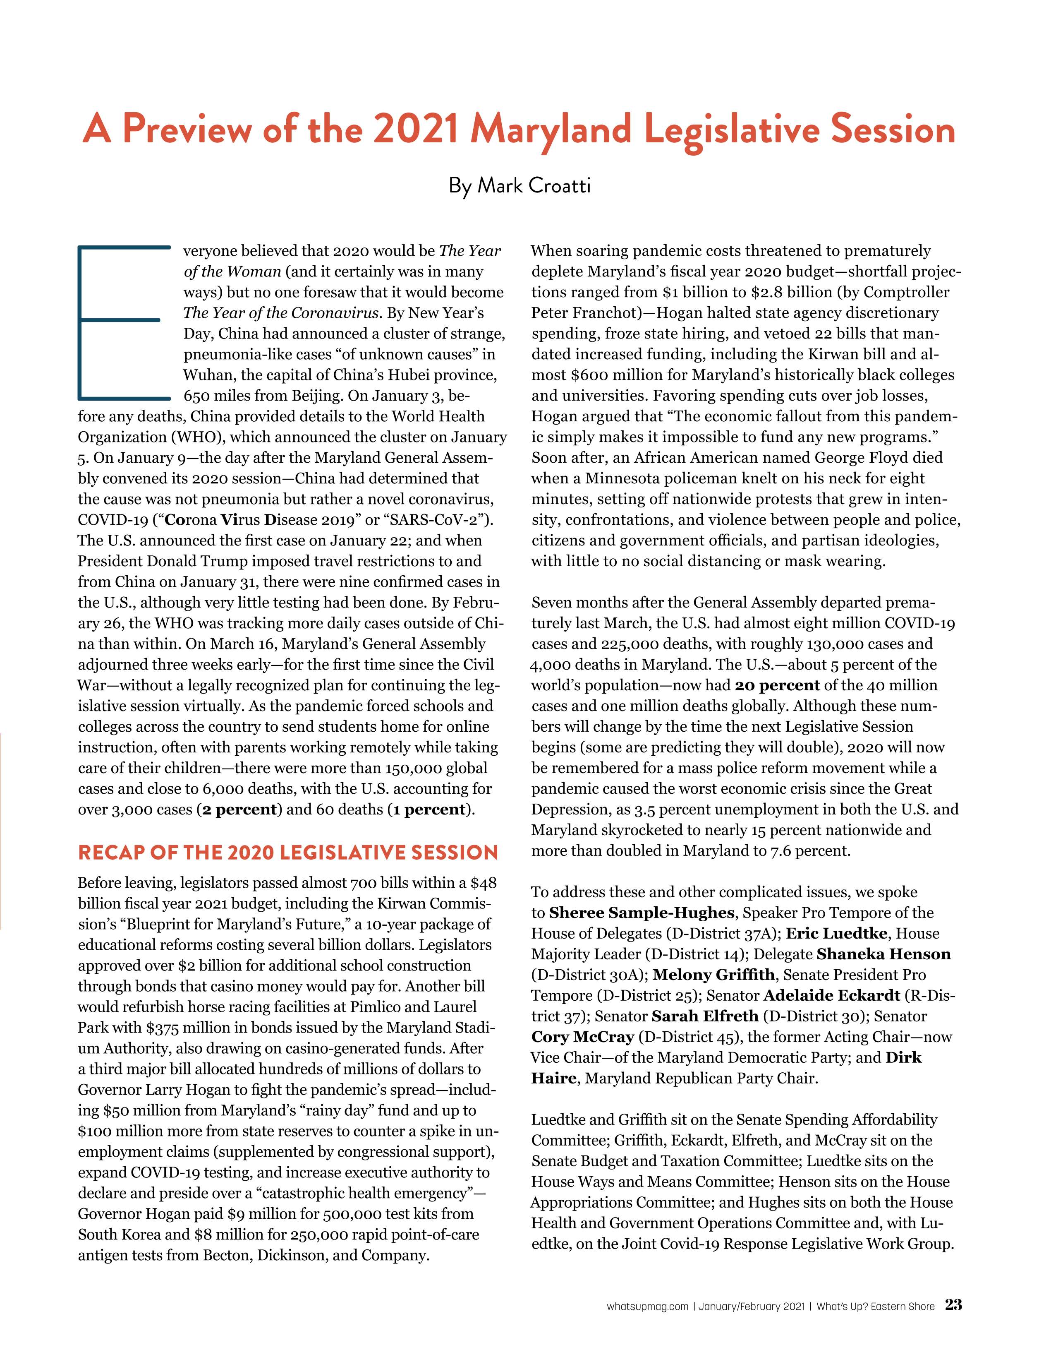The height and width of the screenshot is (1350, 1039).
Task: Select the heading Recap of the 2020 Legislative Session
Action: click(x=288, y=853)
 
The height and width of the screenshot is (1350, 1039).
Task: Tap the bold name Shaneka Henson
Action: click(x=883, y=954)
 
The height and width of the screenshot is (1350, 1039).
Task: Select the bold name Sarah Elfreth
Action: click(x=705, y=1016)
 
